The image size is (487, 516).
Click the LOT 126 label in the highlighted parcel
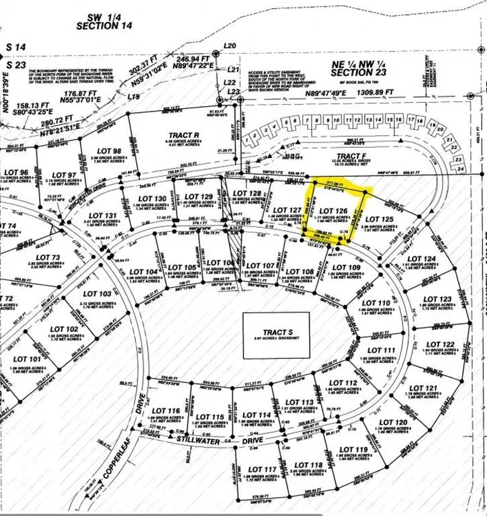338,211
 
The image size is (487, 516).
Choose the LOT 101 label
30,359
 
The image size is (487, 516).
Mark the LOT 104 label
146,272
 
